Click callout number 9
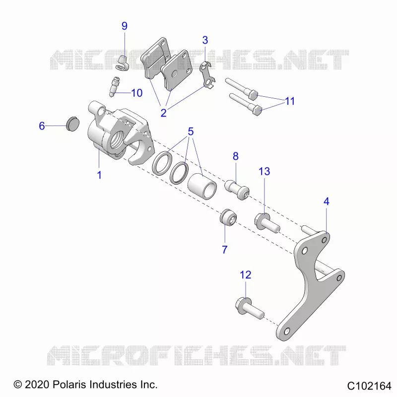[125, 26]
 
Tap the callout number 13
[264, 171]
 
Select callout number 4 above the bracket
[327, 201]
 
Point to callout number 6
[42, 126]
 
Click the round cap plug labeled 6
[72, 124]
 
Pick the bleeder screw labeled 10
[115, 86]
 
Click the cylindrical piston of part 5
[202, 186]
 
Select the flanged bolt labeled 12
[250, 308]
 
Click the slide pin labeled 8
[237, 190]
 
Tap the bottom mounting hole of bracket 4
[287, 331]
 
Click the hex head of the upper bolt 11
[253, 95]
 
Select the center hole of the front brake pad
[175, 74]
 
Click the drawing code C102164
[369, 386]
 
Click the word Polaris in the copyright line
[69, 384]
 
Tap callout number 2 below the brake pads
[164, 113]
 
